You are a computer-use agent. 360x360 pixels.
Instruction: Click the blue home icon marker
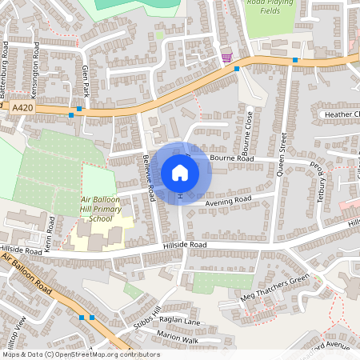[180, 172]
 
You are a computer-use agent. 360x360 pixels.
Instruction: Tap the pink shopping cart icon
[226, 57]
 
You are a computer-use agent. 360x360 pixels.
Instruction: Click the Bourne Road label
[233, 159]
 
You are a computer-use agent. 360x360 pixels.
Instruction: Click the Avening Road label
[228, 201]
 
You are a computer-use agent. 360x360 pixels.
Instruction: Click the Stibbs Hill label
[147, 315]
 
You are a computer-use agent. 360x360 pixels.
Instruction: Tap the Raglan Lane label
[180, 322]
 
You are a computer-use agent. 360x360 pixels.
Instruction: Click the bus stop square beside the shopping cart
[237, 69]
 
